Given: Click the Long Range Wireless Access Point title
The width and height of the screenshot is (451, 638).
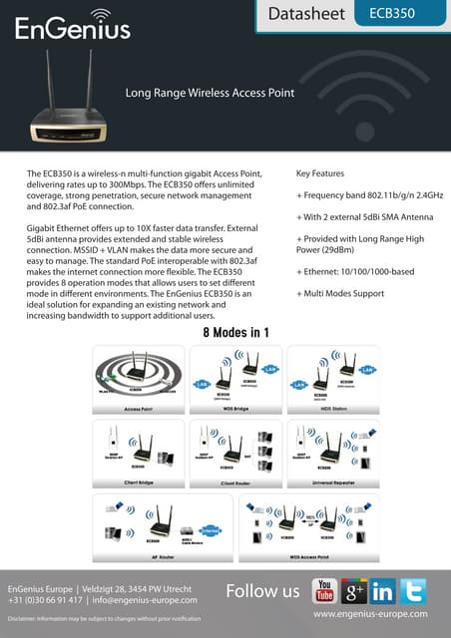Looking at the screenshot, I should tap(209, 93).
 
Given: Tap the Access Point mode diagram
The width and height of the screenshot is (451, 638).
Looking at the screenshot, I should tap(138, 379).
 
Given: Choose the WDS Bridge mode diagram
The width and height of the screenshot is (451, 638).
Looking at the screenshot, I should tap(235, 379).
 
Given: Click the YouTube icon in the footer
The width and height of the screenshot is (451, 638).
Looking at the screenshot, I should tap(324, 590).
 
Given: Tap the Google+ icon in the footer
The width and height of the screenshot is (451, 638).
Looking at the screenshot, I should tap(353, 590).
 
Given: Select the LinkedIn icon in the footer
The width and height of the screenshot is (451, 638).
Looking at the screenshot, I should tap(382, 590).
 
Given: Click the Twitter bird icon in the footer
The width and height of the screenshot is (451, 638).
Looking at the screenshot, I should tap(412, 590).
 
